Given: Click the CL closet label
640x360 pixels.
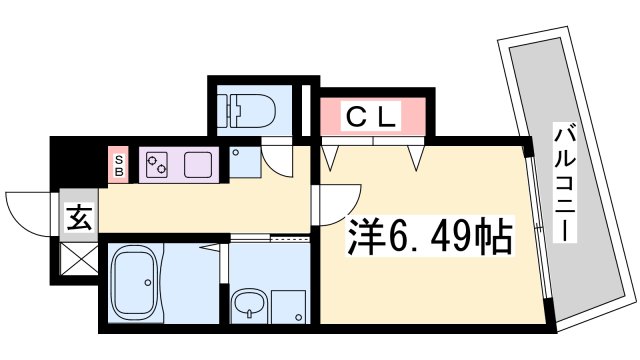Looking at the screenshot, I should [372, 116].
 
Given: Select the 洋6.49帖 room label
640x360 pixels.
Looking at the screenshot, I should [431, 238].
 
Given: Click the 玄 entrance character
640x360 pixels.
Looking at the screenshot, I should [77, 215].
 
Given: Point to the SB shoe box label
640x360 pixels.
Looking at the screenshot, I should [119, 163].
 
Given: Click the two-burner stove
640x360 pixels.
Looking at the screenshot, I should [158, 164].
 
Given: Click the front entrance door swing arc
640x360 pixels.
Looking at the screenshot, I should [28, 211].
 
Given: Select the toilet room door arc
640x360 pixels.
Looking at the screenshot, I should [278, 161].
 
